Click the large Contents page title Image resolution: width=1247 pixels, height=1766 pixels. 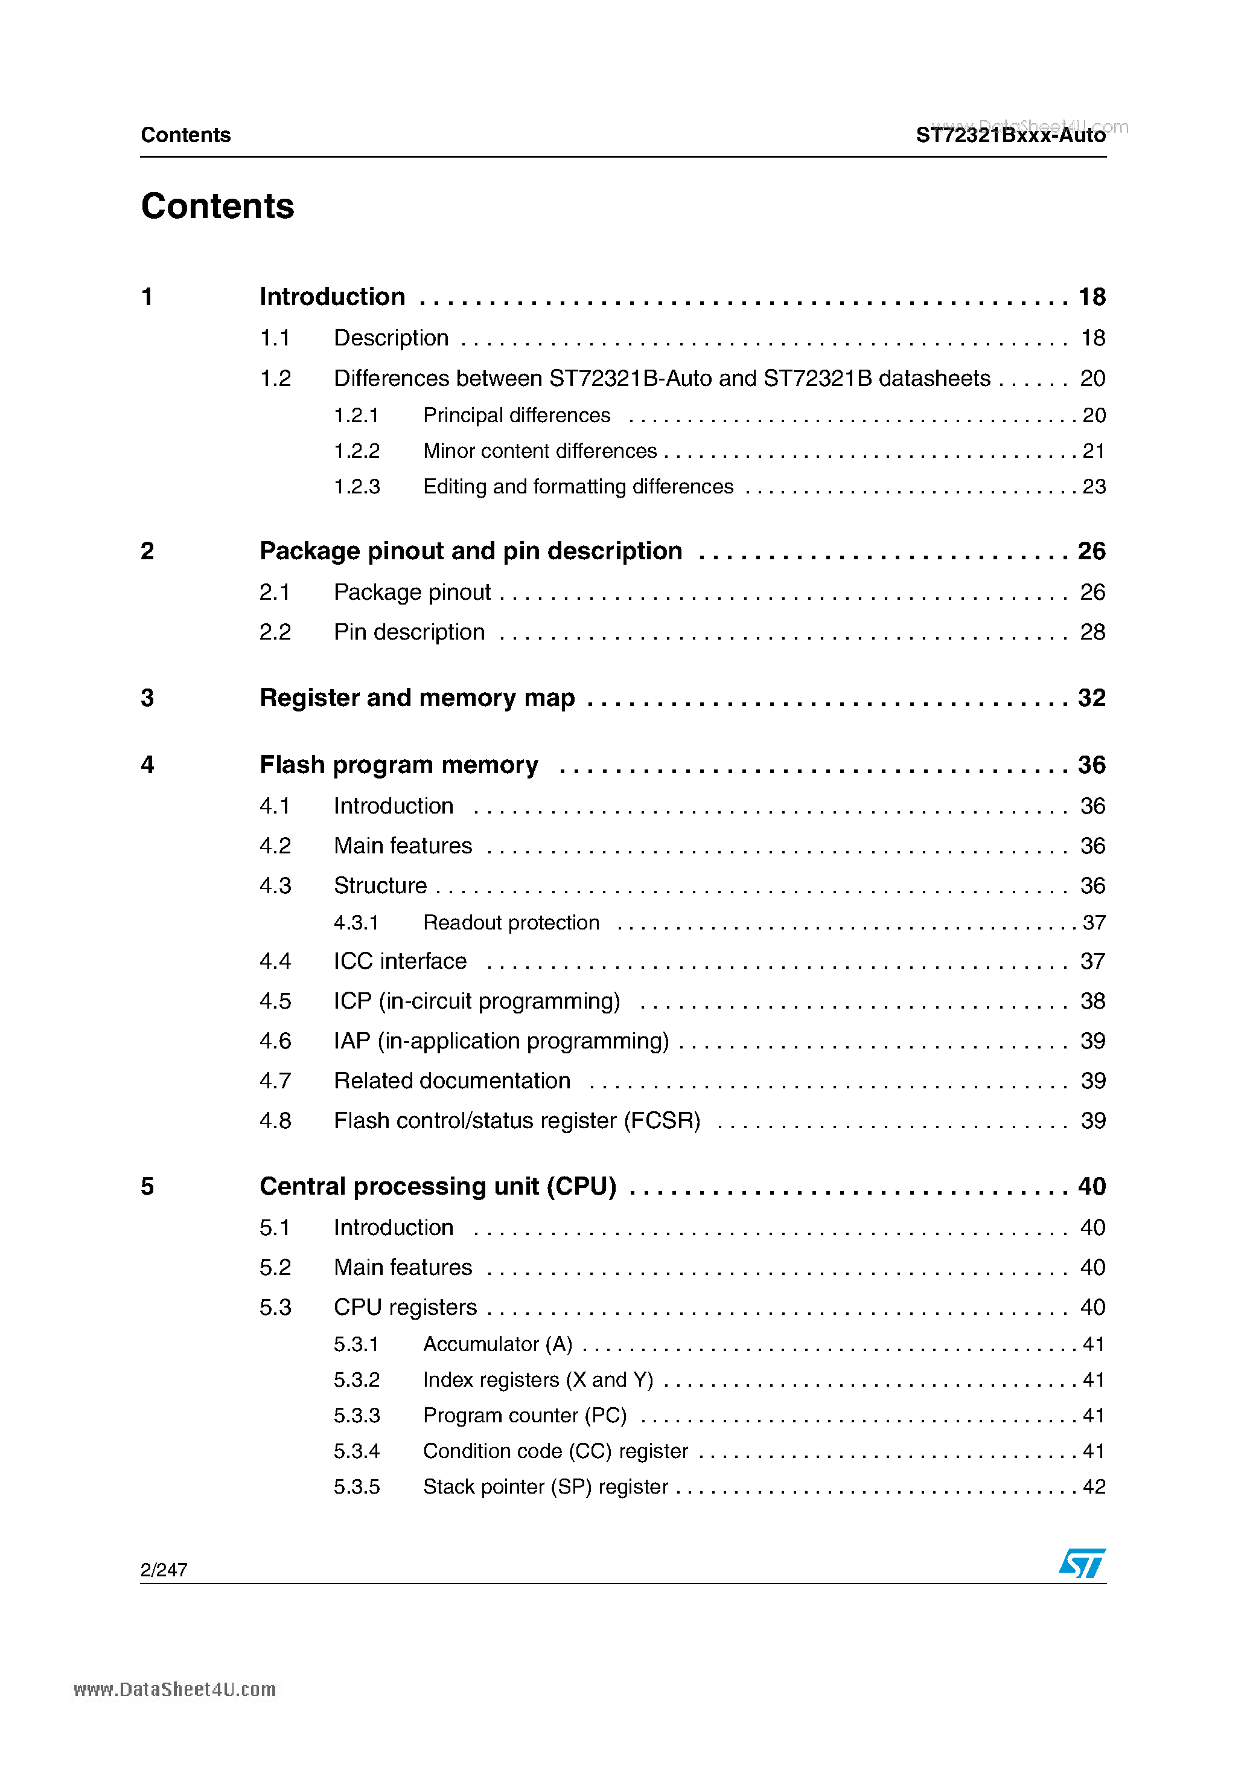[x=217, y=206]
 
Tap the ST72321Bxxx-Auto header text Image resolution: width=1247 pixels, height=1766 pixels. [x=1010, y=135]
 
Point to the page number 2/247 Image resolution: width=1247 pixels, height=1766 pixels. [x=164, y=1570]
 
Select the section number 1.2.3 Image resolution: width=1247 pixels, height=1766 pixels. [x=357, y=487]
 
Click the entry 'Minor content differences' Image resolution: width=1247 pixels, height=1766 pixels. [x=540, y=451]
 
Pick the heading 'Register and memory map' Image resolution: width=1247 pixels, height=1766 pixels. [x=416, y=698]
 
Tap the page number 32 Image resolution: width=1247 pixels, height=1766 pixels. [x=1091, y=698]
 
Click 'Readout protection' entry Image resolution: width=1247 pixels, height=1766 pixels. [x=511, y=922]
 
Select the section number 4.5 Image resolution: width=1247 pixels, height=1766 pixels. [x=275, y=1001]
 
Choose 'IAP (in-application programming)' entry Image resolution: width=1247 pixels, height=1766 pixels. [x=501, y=1041]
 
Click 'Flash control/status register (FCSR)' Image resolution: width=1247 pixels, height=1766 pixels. [x=517, y=1121]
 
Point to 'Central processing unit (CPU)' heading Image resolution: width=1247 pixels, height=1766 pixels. [x=438, y=1186]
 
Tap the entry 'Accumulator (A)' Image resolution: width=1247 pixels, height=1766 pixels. [x=497, y=1344]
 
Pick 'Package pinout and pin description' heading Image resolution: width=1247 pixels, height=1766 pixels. [x=471, y=551]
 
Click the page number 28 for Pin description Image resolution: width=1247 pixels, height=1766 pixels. [x=1092, y=632]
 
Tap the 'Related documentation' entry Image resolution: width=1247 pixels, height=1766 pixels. [x=452, y=1080]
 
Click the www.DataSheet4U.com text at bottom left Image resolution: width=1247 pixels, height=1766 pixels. [x=174, y=1689]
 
